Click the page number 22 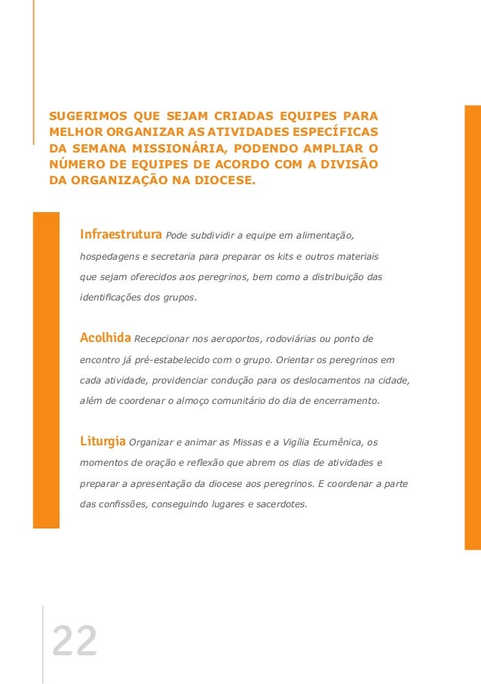click(74, 642)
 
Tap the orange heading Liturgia click(103, 441)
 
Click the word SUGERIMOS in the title click(87, 117)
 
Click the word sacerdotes click(280, 505)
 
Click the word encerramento click(350, 400)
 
